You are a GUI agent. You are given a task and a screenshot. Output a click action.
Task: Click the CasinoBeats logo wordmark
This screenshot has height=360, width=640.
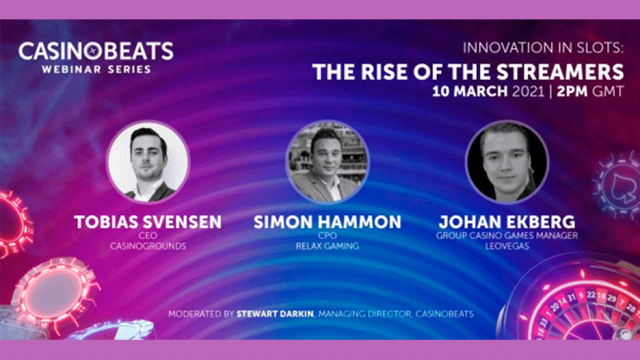click(x=96, y=51)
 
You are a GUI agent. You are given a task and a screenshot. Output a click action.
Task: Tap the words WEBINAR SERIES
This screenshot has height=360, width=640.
click(x=96, y=69)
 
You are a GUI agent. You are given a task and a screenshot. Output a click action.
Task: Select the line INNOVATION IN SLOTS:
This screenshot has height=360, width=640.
click(x=543, y=49)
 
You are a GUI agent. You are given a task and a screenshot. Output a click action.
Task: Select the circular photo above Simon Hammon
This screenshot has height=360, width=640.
click(x=327, y=161)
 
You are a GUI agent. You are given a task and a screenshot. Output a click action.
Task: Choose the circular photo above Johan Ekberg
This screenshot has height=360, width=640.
click(x=507, y=161)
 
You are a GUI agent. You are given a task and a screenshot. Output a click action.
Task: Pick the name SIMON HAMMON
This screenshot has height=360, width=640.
click(x=327, y=222)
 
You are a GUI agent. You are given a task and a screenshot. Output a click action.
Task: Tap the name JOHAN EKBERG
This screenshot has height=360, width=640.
click(x=507, y=222)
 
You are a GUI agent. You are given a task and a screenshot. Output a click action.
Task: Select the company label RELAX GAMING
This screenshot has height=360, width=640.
click(x=327, y=246)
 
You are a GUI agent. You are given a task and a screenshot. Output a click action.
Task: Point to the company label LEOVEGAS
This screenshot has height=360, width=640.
click(x=507, y=246)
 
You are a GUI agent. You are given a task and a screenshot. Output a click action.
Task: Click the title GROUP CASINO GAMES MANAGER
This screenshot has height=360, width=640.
click(x=507, y=236)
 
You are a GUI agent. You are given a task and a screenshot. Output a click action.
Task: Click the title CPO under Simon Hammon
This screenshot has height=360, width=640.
click(x=327, y=236)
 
